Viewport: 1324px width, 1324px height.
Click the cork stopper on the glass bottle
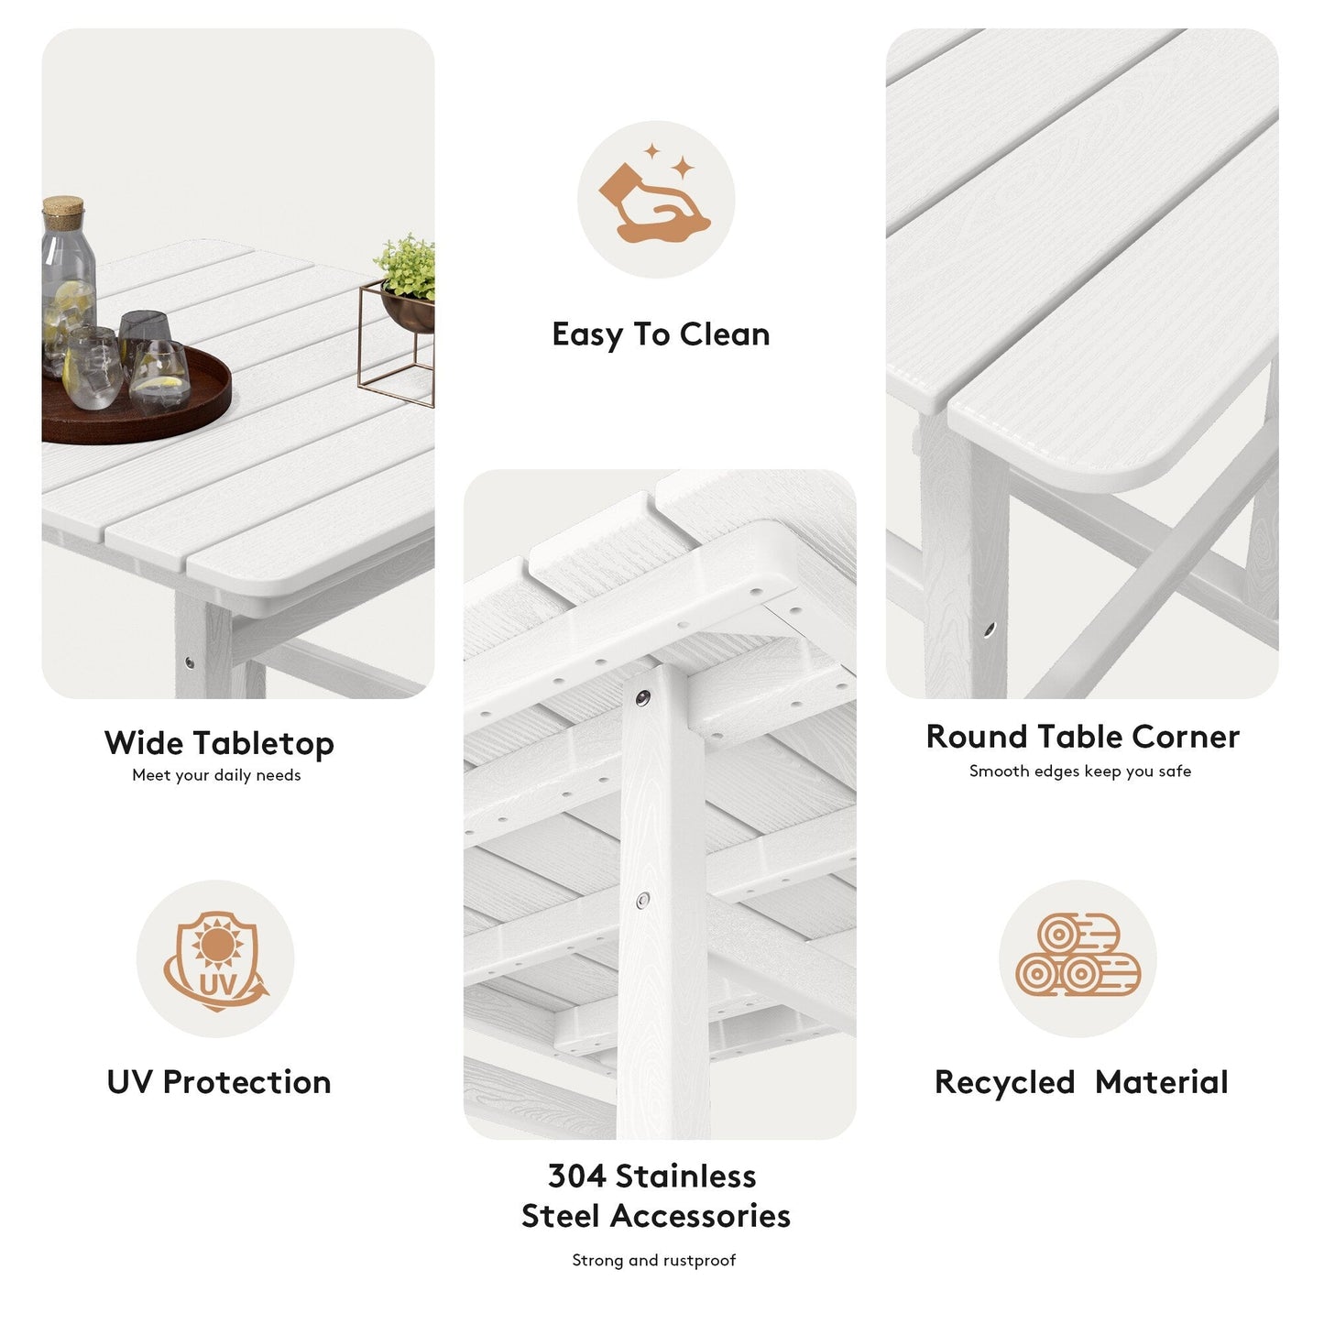pyautogui.click(x=63, y=213)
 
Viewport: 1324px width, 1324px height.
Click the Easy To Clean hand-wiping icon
pyautogui.click(x=655, y=200)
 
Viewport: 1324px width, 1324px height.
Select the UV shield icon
pyautogui.click(x=215, y=959)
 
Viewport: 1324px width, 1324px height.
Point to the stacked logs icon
pyautogui.click(x=1078, y=957)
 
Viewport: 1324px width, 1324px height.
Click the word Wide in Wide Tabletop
pyautogui.click(x=142, y=743)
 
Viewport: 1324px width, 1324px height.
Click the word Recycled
pyautogui.click(x=1004, y=1082)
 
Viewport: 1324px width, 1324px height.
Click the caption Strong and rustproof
pyautogui.click(x=653, y=1261)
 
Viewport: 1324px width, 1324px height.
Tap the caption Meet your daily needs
pyautogui.click(x=216, y=775)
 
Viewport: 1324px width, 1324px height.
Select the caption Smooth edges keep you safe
pyautogui.click(x=1079, y=771)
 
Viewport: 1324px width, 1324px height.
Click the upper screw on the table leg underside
pyautogui.click(x=643, y=698)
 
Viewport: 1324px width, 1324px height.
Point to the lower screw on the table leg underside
pyautogui.click(x=643, y=900)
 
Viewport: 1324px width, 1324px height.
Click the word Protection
pyautogui.click(x=246, y=1082)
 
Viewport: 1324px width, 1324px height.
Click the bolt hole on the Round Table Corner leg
pyautogui.click(x=990, y=629)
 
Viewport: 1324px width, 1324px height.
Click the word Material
pyautogui.click(x=1161, y=1082)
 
